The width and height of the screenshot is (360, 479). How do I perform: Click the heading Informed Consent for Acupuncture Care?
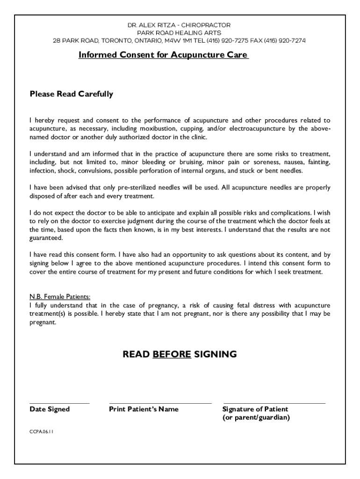coord(163,55)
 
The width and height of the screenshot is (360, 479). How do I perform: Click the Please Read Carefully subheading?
coord(72,94)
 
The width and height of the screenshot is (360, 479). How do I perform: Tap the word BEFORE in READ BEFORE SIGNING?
coord(172,354)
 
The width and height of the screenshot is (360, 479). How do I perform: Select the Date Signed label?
coord(50,409)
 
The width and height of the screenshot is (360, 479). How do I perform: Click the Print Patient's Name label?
coord(144,409)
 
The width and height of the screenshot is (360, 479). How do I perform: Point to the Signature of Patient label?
coord(255,409)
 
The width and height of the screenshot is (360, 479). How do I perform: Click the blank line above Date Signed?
coord(59,403)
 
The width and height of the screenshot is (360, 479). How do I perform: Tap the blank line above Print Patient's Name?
coord(160,403)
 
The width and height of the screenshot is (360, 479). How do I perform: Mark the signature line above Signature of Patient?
coord(274,403)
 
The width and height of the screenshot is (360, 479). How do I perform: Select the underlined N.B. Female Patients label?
coord(60,297)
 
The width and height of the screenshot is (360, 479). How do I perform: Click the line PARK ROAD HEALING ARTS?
coord(180,33)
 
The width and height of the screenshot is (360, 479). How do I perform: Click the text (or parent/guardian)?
coord(256,418)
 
